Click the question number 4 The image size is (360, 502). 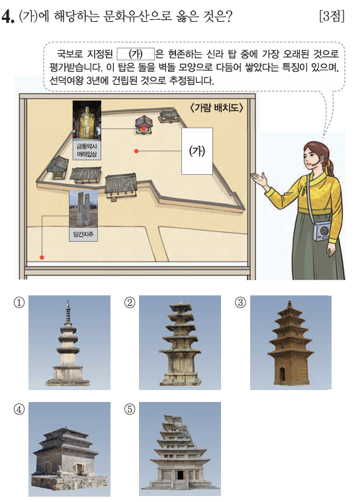coord(8,17)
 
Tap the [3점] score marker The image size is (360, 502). coord(332,16)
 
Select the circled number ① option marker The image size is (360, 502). coord(19,302)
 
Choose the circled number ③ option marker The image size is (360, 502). coord(240,302)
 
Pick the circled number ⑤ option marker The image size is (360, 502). coord(130,409)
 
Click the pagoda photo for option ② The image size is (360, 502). coord(180,342)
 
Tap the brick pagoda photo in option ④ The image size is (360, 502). coord(69,449)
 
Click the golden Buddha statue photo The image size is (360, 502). coord(87,120)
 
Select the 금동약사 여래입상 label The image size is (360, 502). coord(87,150)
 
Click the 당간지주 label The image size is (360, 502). coord(83,234)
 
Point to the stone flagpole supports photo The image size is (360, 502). coord(83,209)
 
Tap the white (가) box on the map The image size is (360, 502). coord(197,151)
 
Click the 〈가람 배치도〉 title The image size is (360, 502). coord(216,107)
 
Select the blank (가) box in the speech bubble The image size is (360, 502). coord(136,54)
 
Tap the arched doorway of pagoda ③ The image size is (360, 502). coord(282,374)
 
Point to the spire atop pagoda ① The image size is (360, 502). coord(68,311)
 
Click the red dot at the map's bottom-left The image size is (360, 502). coord(42,257)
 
